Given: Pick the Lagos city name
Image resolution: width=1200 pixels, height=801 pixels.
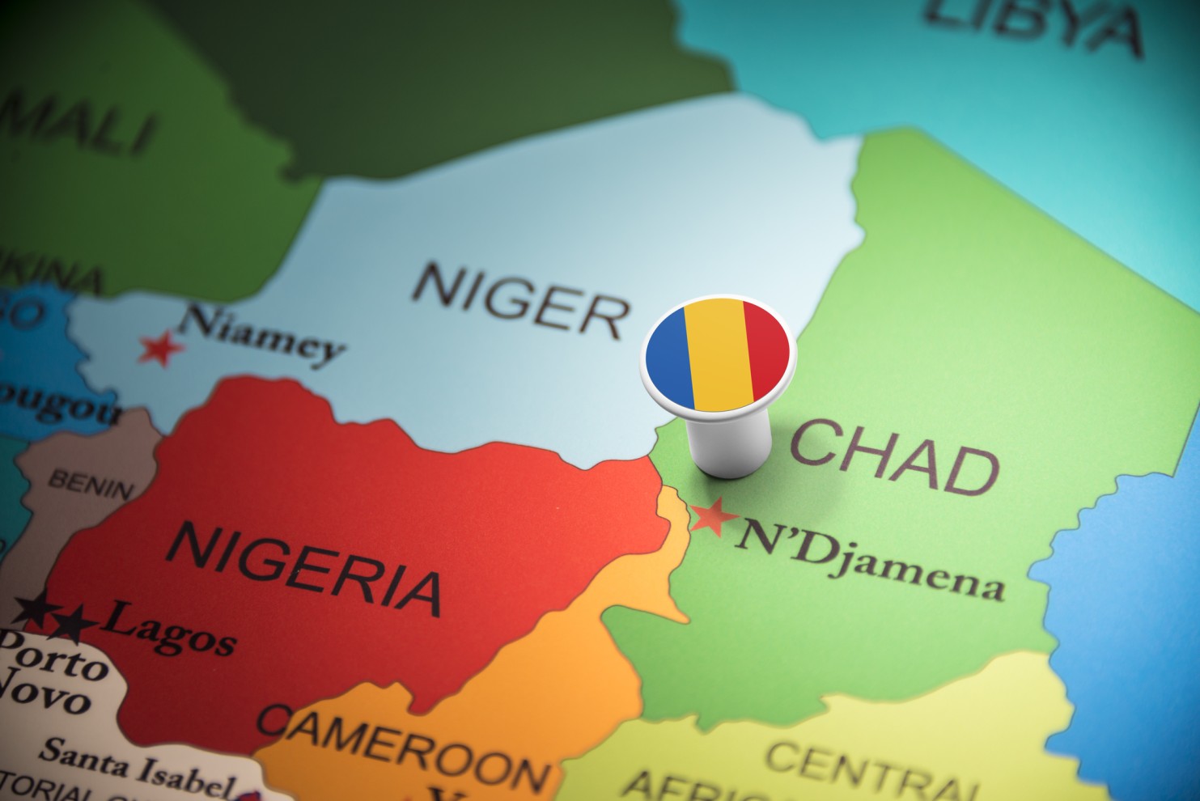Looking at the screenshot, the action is [x=170, y=628].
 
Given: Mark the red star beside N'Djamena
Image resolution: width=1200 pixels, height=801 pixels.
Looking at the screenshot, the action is [x=713, y=516].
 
